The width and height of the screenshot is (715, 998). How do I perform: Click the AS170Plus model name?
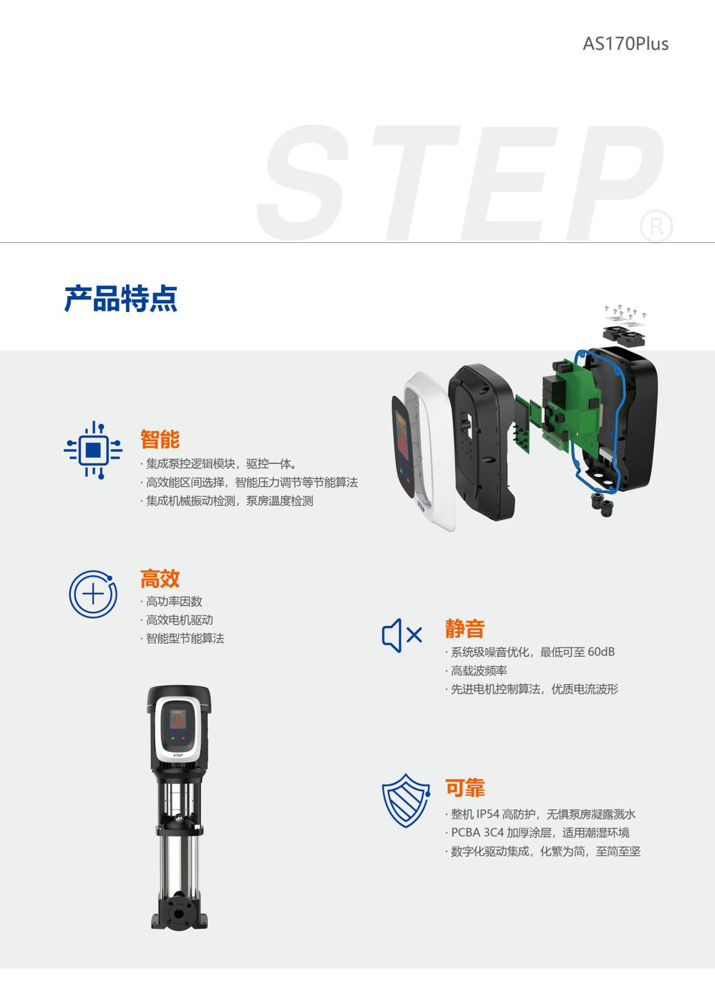pyautogui.click(x=625, y=44)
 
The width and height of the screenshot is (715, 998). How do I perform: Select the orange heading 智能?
pyautogui.click(x=160, y=439)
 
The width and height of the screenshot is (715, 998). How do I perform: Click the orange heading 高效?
pyautogui.click(x=160, y=578)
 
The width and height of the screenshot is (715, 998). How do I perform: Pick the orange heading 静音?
pyautogui.click(x=465, y=628)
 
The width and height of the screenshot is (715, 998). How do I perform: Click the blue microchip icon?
pyautogui.click(x=93, y=450)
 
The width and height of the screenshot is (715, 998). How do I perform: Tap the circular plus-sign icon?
pyautogui.click(x=93, y=594)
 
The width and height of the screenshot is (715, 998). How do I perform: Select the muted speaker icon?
pyautogui.click(x=402, y=635)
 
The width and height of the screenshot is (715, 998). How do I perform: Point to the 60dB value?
pyautogui.click(x=601, y=652)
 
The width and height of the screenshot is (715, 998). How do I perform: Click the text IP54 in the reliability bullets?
pyautogui.click(x=487, y=814)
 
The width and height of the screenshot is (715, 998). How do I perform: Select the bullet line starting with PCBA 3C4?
pyautogui.click(x=540, y=833)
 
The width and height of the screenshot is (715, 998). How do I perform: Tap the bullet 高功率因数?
pyautogui.click(x=174, y=601)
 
